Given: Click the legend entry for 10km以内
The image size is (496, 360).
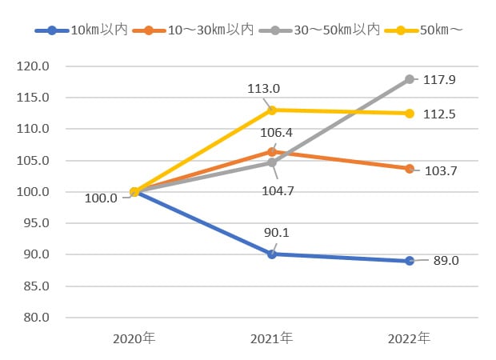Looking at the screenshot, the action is coord(82,30).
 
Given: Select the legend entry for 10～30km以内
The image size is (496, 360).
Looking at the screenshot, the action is coord(193,30).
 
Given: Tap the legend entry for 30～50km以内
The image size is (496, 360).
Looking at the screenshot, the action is coord(319,30).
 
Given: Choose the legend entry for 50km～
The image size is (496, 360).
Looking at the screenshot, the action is coord(424,30).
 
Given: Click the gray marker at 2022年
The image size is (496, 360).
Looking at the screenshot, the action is coord(410,79).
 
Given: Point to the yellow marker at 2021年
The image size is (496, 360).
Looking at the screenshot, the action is coord(272,110).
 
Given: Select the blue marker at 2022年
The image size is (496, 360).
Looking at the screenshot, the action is coord(410,261).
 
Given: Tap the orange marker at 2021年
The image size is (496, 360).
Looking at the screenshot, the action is coord(272,152).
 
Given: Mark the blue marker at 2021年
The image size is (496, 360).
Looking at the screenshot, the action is coord(272,254).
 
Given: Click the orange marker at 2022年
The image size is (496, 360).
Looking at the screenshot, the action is coord(410,169).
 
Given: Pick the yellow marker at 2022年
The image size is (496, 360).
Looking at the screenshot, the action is coord(410,114).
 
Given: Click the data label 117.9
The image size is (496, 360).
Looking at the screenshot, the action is coord(439,80).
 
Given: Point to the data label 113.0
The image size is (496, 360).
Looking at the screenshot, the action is coord(263,89).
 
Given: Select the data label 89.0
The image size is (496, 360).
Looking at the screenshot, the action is coord(446,261).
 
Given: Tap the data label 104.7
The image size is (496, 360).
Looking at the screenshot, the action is coord(278,190).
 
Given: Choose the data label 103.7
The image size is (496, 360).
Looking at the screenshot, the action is coord(441,171).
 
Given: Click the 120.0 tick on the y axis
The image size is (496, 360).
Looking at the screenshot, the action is coord(33,66).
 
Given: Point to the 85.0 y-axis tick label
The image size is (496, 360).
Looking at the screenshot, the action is coord(36,286).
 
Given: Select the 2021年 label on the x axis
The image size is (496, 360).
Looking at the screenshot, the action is coord(271,338).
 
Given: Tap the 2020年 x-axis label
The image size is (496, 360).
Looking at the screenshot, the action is coord(134,338).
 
